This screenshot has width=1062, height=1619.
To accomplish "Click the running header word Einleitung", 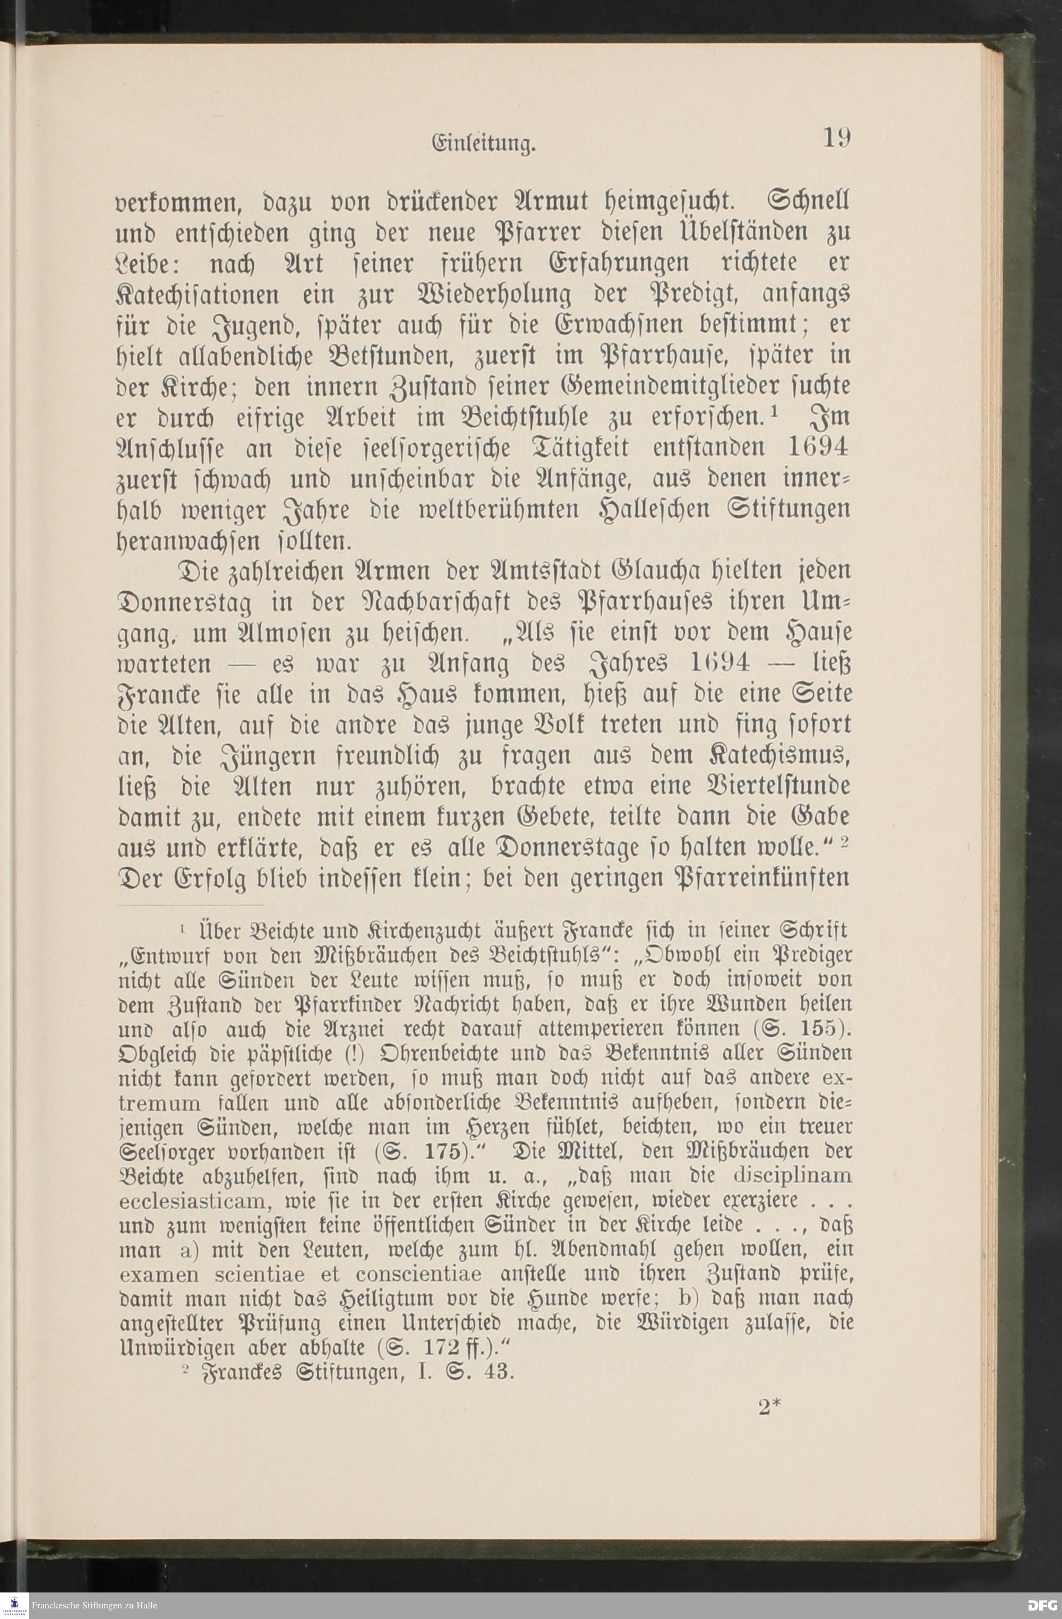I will point(484,145).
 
